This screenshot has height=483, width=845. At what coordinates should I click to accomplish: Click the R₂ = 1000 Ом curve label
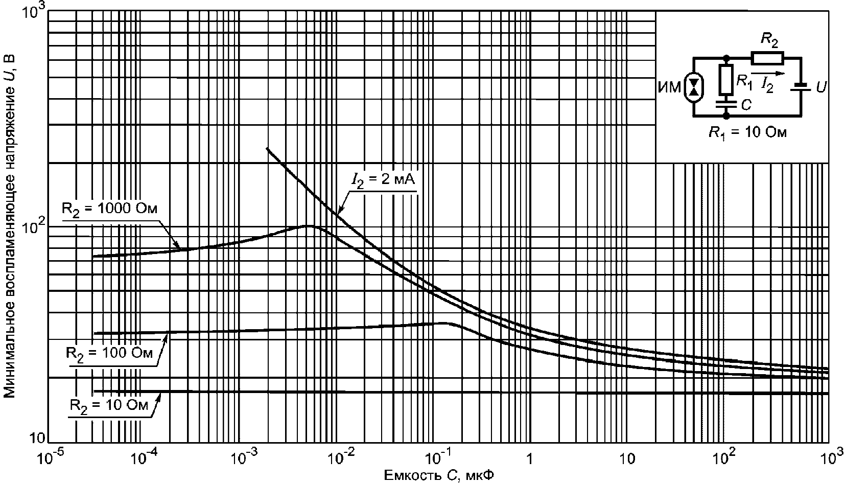click(x=109, y=209)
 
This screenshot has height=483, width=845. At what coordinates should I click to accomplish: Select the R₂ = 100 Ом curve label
click(x=109, y=354)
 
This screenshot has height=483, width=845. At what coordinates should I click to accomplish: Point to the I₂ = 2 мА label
click(x=383, y=180)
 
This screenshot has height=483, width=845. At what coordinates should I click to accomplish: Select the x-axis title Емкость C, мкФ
click(x=439, y=475)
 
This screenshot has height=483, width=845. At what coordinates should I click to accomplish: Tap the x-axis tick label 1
click(x=530, y=458)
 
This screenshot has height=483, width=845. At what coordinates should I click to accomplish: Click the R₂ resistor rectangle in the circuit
click(x=767, y=58)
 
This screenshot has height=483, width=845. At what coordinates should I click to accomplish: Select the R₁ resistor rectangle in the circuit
click(x=726, y=79)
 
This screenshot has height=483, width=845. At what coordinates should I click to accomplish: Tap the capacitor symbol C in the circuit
click(x=726, y=104)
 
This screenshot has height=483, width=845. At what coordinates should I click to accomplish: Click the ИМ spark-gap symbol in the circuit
click(x=693, y=87)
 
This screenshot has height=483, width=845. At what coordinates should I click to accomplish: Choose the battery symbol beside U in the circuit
click(x=801, y=87)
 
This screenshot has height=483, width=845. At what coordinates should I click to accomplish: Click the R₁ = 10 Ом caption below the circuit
click(x=748, y=133)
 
